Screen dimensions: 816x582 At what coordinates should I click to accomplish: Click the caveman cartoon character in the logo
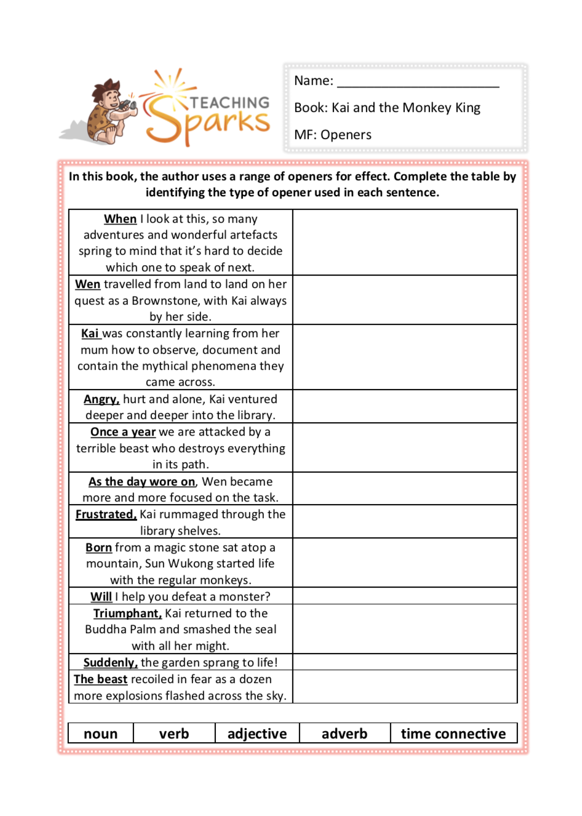(x=111, y=111)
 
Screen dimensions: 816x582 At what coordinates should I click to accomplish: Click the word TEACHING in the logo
(x=229, y=103)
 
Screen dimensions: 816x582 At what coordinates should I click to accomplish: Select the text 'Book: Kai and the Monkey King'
(x=387, y=108)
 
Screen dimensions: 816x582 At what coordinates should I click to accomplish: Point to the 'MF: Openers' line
(x=333, y=135)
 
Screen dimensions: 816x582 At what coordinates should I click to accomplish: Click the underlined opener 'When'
(x=120, y=219)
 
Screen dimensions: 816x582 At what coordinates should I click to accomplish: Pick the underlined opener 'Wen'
(x=87, y=284)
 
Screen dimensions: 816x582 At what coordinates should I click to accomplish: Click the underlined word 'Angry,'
(x=102, y=399)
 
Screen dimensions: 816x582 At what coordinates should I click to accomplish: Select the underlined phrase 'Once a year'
(x=122, y=432)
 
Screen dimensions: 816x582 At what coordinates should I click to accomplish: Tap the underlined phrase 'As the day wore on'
(x=142, y=482)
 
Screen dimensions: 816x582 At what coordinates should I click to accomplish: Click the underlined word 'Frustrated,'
(x=106, y=514)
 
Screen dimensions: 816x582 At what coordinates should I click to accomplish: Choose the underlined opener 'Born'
(x=98, y=548)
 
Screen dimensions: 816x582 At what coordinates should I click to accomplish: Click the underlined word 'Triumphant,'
(x=127, y=614)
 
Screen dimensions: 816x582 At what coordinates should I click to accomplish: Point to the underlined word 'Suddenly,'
(x=110, y=663)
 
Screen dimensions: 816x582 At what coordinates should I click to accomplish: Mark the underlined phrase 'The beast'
(x=100, y=679)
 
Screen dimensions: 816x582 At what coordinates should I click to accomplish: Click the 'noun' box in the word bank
(x=100, y=734)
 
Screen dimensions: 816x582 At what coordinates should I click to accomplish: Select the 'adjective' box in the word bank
(x=257, y=734)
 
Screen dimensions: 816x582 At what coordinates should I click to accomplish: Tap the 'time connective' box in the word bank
(x=453, y=734)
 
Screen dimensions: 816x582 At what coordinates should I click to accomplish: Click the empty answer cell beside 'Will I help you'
(x=405, y=596)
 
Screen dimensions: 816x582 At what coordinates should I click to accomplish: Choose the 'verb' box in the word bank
(x=174, y=734)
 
